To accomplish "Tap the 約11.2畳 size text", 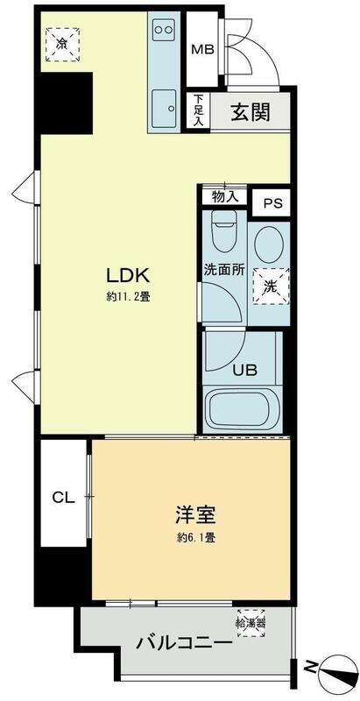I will click(128, 296).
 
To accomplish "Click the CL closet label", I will click(61, 499).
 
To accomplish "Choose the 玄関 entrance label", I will click(249, 113).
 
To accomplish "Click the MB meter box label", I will click(202, 49).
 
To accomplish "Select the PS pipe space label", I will click(272, 203).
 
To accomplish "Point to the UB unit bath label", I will click(244, 369).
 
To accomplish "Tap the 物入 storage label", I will click(225, 196).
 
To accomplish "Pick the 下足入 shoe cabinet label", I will click(199, 112).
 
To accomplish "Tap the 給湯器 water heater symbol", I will click(252, 624).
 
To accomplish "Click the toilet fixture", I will click(225, 235).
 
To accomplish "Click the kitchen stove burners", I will click(164, 29).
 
